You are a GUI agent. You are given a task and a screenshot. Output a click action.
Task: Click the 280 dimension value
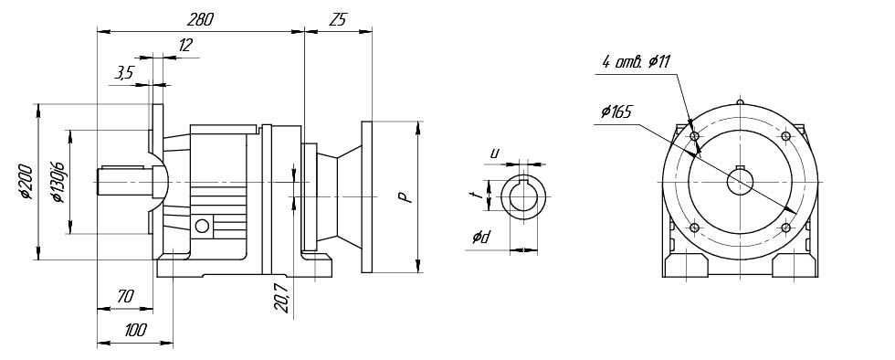pyautogui.click(x=200, y=19)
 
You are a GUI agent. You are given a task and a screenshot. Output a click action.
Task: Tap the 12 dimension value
pyautogui.click(x=184, y=45)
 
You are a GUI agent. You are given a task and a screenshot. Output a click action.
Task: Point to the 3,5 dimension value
pyautogui.click(x=124, y=72)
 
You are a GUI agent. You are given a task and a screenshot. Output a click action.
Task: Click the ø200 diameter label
pyautogui.click(x=26, y=181)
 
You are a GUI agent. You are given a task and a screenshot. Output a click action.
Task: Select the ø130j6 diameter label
pyautogui.click(x=58, y=182)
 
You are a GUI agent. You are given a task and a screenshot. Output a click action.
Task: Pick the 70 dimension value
pyautogui.click(x=125, y=296)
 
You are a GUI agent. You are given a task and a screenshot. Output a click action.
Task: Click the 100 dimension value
pyautogui.click(x=135, y=330)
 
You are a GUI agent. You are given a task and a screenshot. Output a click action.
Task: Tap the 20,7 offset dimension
pyautogui.click(x=281, y=296)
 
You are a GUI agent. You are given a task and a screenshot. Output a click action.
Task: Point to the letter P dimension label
pyautogui.click(x=404, y=197)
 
